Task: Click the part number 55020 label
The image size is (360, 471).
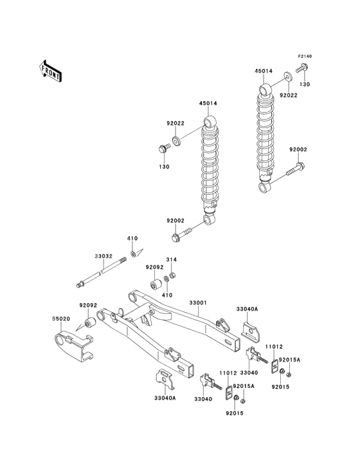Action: [x=61, y=318]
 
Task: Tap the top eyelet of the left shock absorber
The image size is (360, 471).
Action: [x=209, y=122]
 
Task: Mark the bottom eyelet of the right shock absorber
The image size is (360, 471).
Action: [x=264, y=187]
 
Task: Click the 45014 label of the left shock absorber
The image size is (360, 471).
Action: [x=208, y=102]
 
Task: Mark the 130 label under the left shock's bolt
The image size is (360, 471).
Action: [x=164, y=167]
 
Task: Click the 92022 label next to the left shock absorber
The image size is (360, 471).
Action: [x=157, y=124]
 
